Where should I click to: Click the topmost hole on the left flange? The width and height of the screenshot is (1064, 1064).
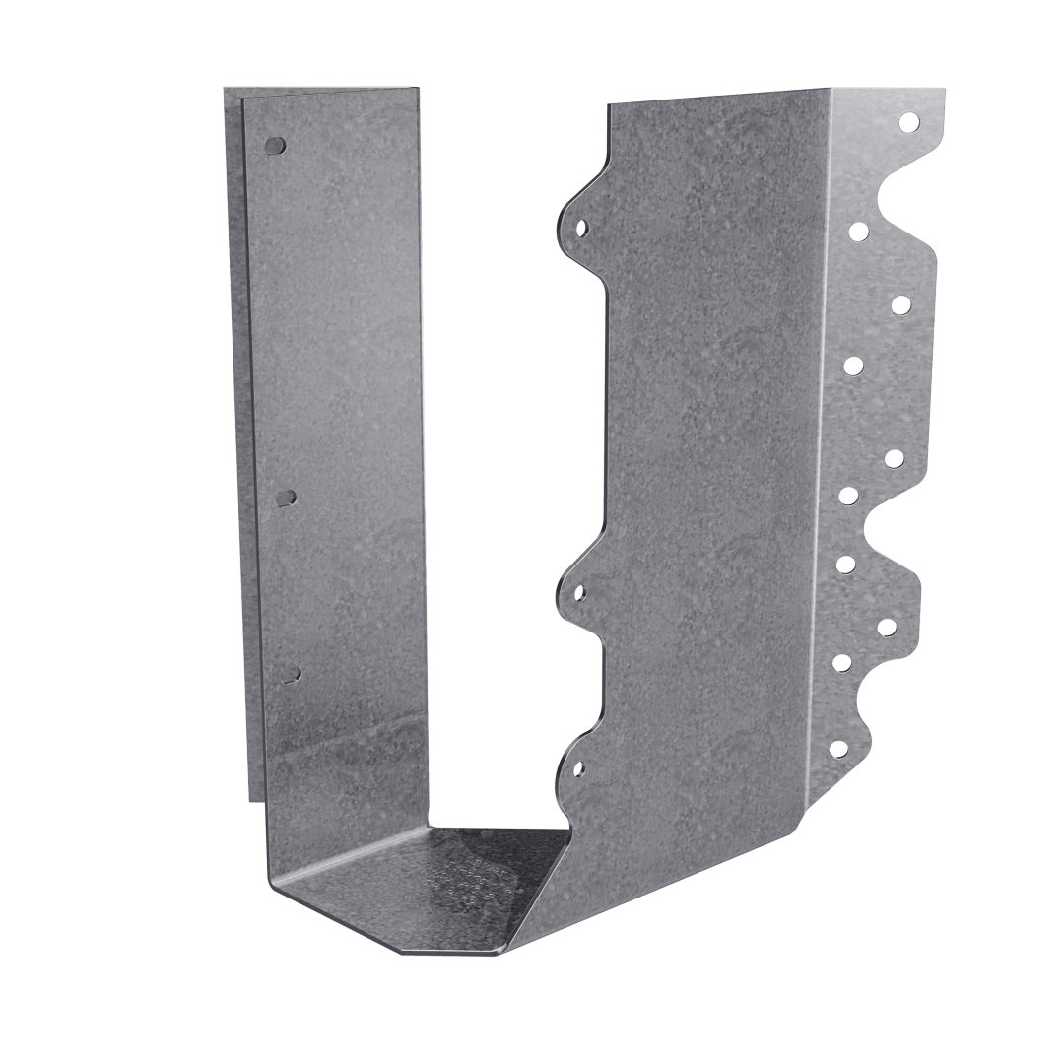(x=276, y=145)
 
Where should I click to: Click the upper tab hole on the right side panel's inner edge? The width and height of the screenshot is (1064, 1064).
(x=581, y=228)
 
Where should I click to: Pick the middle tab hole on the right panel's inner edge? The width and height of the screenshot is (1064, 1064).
(x=580, y=593)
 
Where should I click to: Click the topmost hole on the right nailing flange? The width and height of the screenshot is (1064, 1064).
(x=908, y=123)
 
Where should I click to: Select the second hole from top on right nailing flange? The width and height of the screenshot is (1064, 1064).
(x=858, y=232)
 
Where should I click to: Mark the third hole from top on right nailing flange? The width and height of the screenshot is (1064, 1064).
(x=899, y=304)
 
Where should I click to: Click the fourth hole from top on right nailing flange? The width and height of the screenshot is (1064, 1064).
(x=853, y=366)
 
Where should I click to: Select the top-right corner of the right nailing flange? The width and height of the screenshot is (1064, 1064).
(x=944, y=91)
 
